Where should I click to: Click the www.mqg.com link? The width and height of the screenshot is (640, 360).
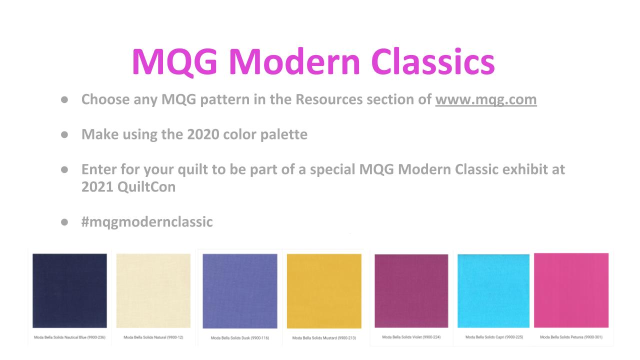click(485, 99)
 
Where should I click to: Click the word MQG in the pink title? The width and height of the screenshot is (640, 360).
click(174, 62)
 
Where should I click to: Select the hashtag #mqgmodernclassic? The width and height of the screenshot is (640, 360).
click(147, 222)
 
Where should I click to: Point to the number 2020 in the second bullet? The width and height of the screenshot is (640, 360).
click(203, 134)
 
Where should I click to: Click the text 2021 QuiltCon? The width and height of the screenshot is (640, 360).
click(128, 187)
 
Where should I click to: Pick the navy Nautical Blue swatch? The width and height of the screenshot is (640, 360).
click(69, 290)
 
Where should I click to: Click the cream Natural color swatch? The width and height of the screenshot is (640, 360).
click(153, 290)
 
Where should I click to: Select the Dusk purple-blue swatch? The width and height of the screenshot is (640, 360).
click(240, 291)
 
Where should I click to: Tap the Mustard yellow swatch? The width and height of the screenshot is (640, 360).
click(324, 291)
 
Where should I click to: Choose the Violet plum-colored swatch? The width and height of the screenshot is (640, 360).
click(411, 291)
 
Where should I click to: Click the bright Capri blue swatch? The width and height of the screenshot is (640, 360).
click(493, 291)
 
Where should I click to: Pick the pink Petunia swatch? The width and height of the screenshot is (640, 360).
click(571, 290)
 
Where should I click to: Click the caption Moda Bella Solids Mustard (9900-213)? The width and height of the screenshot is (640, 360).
click(324, 338)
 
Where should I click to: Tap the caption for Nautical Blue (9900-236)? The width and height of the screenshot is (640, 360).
click(69, 337)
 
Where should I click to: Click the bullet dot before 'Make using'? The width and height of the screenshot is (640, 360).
click(64, 134)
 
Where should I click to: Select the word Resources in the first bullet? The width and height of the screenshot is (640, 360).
click(329, 99)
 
